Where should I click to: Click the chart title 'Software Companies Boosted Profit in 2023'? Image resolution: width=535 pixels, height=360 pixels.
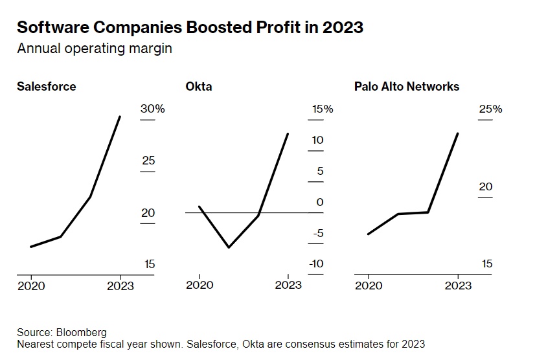point(189,28)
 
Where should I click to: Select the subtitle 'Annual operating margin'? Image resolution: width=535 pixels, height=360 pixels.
point(95,49)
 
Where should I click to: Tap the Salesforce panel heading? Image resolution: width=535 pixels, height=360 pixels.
point(46,86)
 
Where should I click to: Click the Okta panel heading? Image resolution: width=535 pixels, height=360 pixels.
point(199,86)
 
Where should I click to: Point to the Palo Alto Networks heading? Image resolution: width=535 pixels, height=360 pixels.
point(407,86)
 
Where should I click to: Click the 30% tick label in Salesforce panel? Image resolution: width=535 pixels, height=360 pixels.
point(153,109)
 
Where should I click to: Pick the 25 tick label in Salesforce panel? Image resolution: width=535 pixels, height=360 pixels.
point(148,160)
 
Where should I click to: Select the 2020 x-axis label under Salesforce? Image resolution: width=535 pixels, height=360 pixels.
point(31,286)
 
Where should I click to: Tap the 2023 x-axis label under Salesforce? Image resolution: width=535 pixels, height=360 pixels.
point(120,286)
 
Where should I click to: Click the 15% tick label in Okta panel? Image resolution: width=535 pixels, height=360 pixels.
point(323,109)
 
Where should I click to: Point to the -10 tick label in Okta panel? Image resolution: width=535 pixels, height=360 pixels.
point(316,264)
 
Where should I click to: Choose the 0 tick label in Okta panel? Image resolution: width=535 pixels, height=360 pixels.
point(319,202)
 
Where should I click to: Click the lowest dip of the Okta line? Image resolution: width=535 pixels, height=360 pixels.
point(229,247)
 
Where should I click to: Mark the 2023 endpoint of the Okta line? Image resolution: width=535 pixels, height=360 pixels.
point(288,133)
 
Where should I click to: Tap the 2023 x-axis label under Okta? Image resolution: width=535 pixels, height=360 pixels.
point(288,286)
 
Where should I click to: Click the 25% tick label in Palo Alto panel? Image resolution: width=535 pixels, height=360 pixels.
point(490,109)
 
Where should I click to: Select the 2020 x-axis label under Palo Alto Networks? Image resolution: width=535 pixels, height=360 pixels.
point(369,286)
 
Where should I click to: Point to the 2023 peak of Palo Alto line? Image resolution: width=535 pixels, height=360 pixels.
point(458,133)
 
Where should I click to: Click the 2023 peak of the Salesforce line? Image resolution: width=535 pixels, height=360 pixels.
point(120,117)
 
